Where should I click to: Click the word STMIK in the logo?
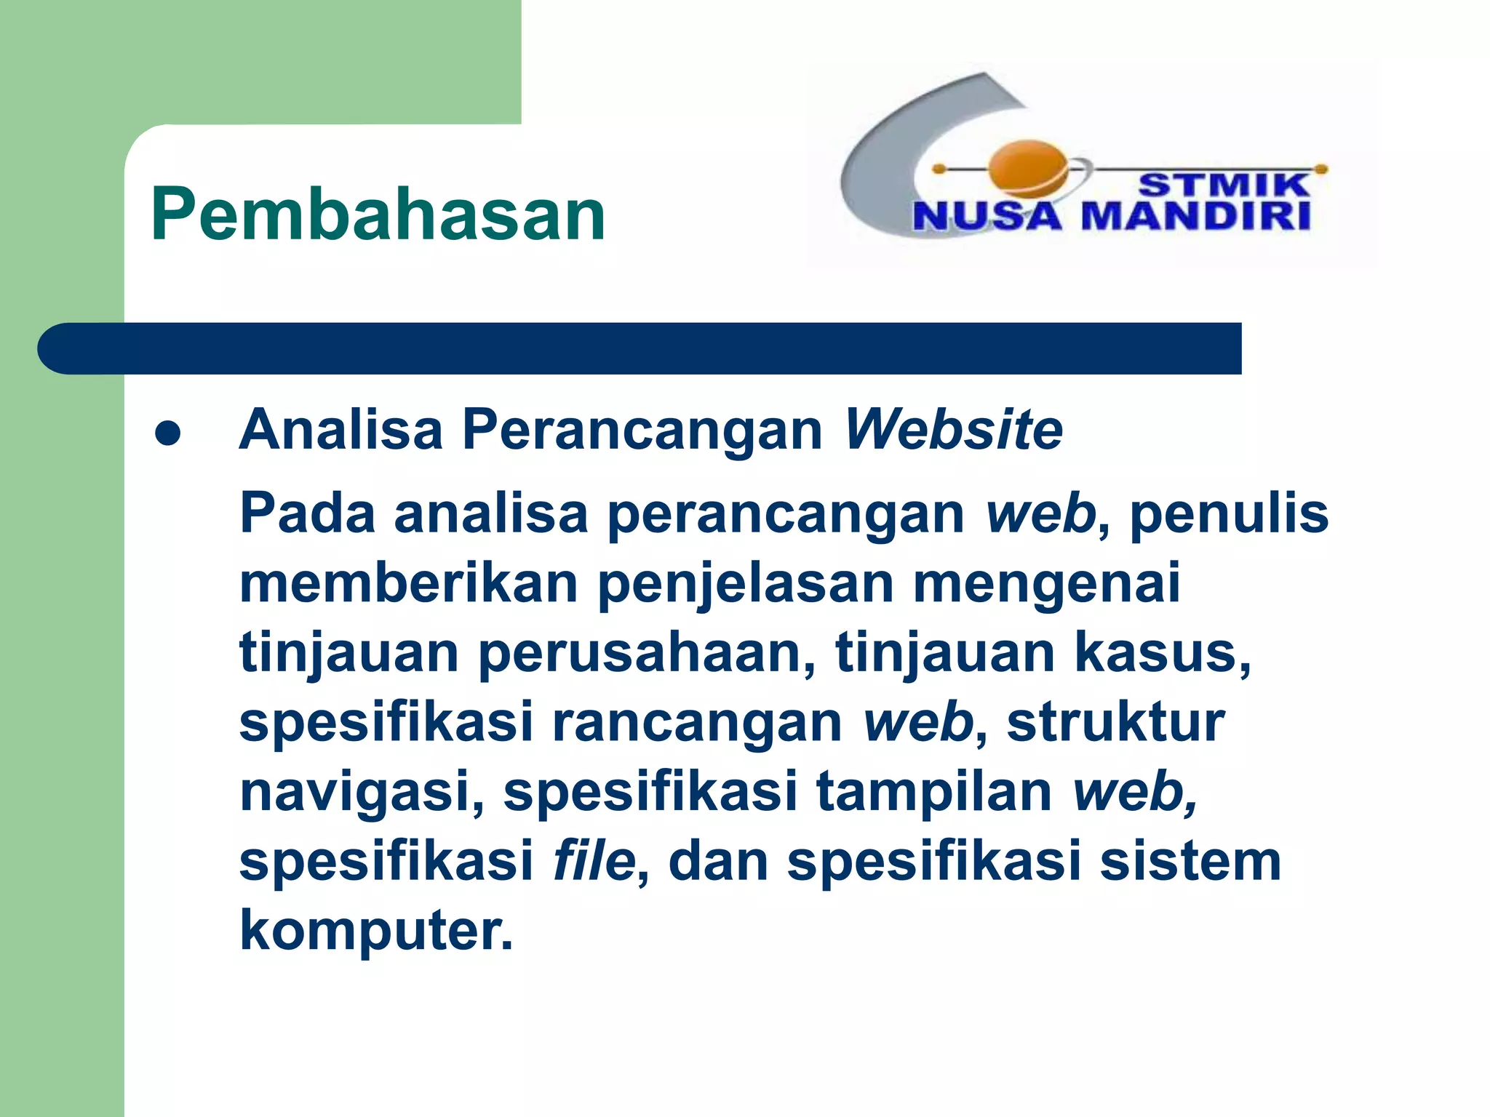[1223, 185]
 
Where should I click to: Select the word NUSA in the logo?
[987, 217]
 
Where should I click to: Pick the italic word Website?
[953, 430]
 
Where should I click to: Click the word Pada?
[307, 513]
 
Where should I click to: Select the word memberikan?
[408, 583]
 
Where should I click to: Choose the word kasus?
[1162, 652]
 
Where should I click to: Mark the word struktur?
[1115, 722]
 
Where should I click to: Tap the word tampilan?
[934, 792]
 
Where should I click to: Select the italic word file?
[594, 860]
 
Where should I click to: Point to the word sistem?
[1190, 861]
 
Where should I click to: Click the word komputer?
[375, 931]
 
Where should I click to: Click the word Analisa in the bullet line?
[340, 430]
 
